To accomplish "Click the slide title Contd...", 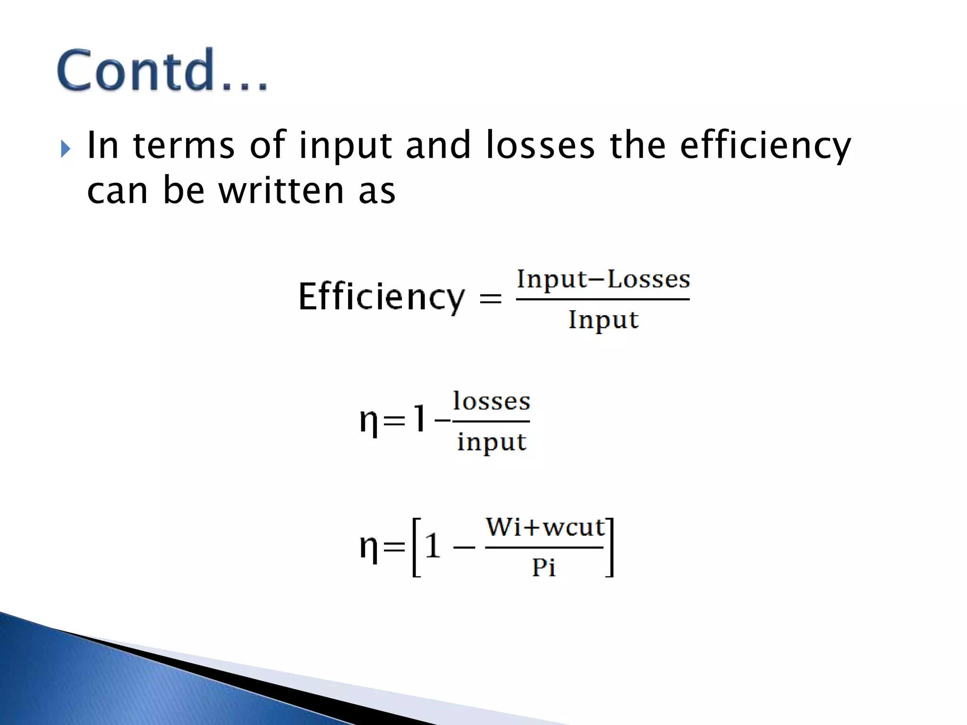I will coord(162,71).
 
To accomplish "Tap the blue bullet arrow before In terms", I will coord(66,150).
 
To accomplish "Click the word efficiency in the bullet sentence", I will coord(765,146).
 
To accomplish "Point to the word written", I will coord(281,191).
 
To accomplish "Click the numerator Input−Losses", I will coord(603,279).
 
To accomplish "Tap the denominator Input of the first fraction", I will coord(603,320).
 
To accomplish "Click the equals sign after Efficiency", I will coord(490,299).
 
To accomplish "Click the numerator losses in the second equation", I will coord(492,402).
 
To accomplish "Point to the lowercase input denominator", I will coord(492,443).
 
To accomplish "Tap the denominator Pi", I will coord(543,567).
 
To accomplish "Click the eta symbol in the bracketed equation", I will coord(369,548).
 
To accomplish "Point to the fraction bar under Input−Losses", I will coord(603,299).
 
